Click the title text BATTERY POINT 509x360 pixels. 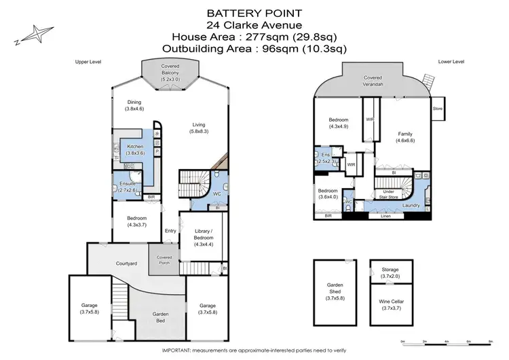coord(254,12)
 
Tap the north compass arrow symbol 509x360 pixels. coord(30,35)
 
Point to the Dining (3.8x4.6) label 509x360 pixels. coord(134,105)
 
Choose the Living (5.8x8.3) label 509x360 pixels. coord(198,128)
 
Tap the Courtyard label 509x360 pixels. coord(128,263)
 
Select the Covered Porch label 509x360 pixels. coord(165,260)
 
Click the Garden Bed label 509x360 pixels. coord(161,317)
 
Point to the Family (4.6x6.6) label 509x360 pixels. coord(404,137)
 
